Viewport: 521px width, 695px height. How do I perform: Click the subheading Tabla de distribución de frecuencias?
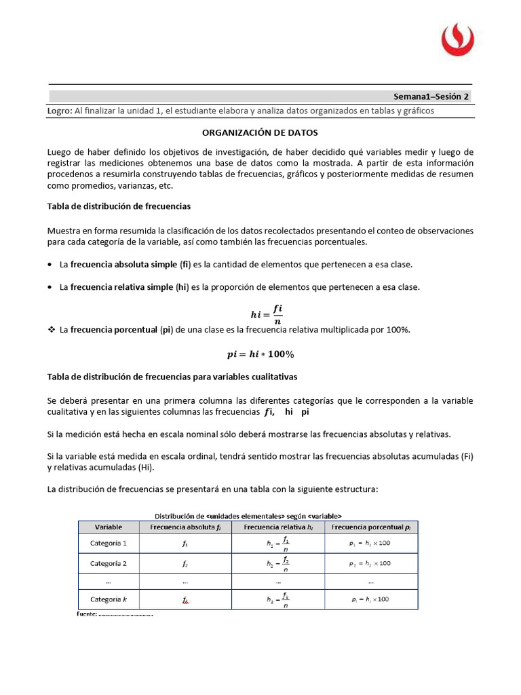pos(119,206)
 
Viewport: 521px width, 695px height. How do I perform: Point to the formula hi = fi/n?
pos(267,314)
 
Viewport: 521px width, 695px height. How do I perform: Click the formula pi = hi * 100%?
pos(260,354)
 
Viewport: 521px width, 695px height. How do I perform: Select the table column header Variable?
pos(109,527)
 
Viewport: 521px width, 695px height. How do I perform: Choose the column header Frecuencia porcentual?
pos(370,527)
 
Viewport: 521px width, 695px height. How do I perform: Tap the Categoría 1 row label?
pos(109,543)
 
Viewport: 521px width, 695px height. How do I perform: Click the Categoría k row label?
pos(109,599)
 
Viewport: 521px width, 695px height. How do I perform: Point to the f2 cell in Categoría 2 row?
pos(185,563)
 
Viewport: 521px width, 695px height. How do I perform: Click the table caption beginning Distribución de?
pos(249,514)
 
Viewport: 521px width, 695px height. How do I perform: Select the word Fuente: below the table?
pos(85,614)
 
